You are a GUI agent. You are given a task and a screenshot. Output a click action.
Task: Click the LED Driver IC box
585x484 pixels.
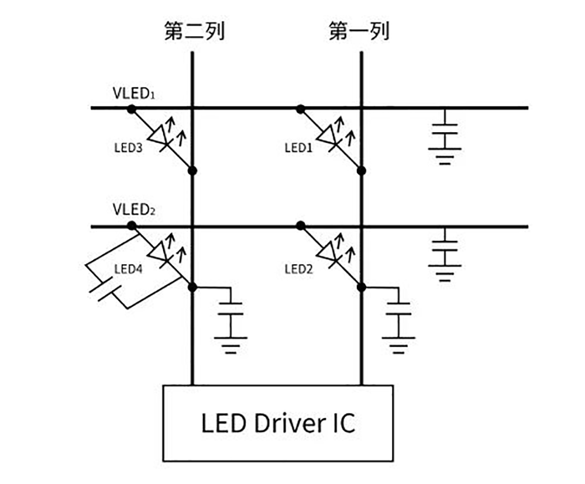278,423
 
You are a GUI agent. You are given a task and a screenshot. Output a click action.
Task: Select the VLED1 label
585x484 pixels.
133,94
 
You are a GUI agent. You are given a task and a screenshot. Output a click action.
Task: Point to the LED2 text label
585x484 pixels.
298,269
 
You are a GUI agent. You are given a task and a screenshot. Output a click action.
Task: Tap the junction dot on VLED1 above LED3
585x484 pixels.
132,108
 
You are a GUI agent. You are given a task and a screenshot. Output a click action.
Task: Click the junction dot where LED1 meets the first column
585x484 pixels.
362,170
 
